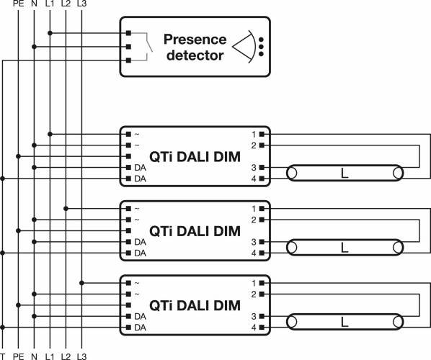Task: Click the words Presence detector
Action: point(195,48)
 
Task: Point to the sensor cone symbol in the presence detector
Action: point(244,47)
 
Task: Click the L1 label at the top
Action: point(50,4)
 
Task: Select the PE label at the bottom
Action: point(19,356)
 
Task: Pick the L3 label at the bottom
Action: point(81,356)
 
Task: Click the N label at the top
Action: point(34,4)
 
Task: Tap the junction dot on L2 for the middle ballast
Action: point(66,209)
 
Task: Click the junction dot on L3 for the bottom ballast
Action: point(81,283)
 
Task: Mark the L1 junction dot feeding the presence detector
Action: point(50,33)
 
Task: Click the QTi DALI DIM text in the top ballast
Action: point(195,157)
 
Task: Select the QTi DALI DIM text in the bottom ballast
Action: point(195,305)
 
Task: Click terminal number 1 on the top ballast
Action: point(254,134)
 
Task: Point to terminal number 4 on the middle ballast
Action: point(254,253)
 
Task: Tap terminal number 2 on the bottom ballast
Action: point(254,294)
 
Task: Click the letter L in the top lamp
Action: point(345,174)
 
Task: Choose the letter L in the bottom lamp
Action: point(345,322)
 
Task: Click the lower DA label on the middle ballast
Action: point(141,253)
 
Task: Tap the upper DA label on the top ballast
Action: point(141,168)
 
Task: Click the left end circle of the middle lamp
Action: point(292,248)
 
